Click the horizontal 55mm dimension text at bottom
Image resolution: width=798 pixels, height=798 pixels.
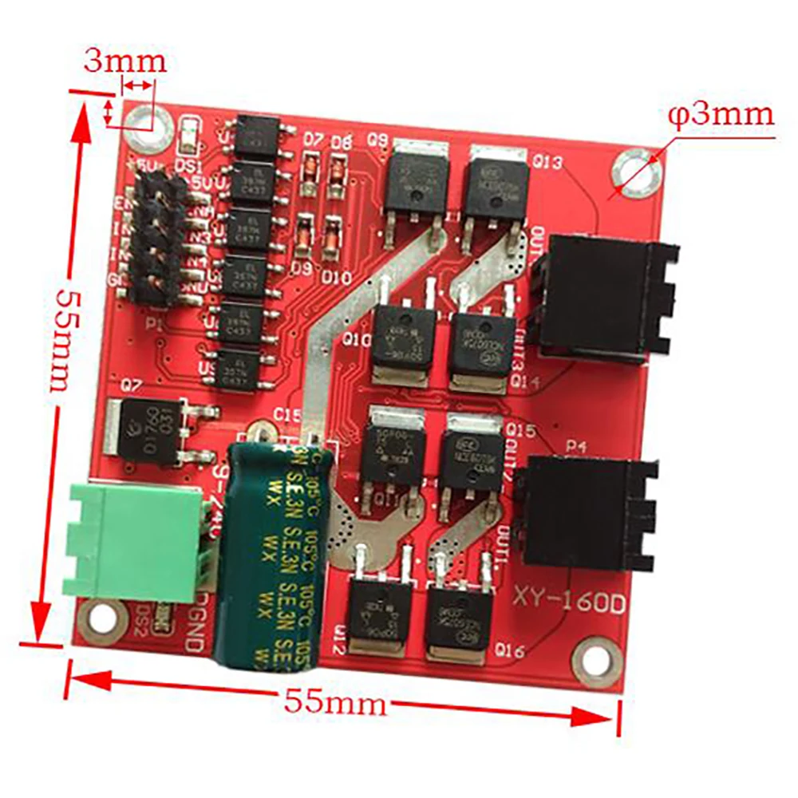click(x=335, y=702)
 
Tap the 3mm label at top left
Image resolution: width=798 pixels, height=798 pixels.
click(x=124, y=61)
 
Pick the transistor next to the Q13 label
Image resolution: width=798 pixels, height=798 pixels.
click(x=496, y=186)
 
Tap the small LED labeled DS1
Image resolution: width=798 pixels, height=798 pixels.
click(x=189, y=135)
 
